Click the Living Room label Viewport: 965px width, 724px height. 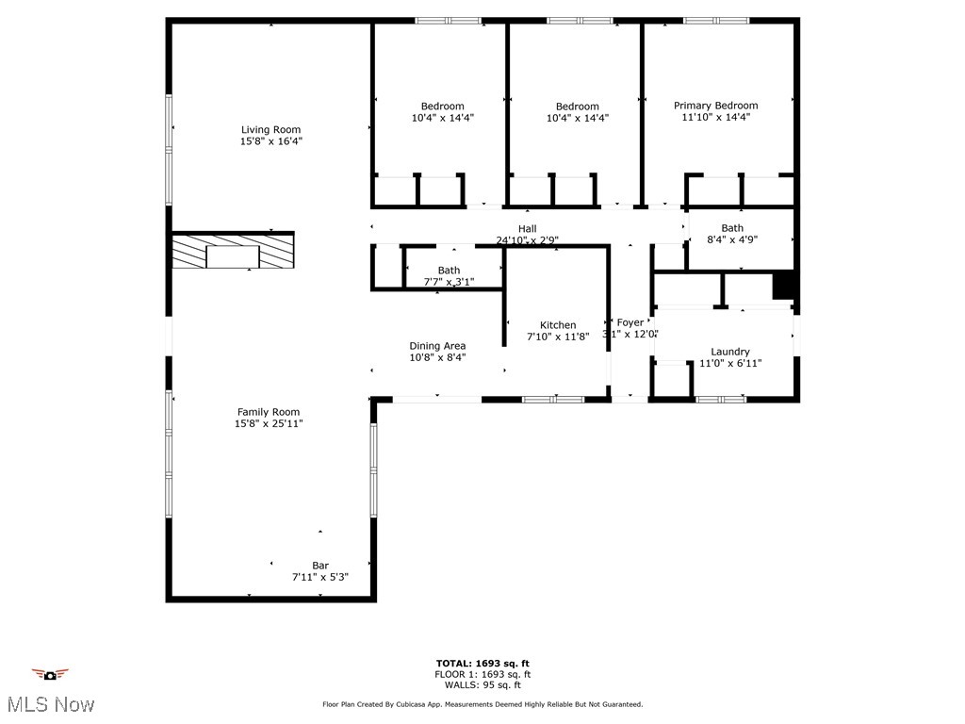coord(270,130)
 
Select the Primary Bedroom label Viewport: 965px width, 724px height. coord(715,106)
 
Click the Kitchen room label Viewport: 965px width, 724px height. coord(558,325)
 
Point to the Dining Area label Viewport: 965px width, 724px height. coord(437,346)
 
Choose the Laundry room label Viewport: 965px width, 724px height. coord(730,352)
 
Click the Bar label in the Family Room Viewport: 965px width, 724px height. coord(320,566)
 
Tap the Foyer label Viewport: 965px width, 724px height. coord(630,323)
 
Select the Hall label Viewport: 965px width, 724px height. coord(527,229)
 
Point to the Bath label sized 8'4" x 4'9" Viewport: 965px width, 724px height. coord(732,228)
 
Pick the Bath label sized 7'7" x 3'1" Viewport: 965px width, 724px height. coord(449,271)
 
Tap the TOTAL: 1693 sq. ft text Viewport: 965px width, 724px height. coord(482,663)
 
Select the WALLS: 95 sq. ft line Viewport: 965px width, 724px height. coord(482,685)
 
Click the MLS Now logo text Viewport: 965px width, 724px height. coord(50,704)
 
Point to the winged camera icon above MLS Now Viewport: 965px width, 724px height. coord(50,674)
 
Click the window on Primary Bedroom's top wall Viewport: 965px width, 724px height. coord(716,20)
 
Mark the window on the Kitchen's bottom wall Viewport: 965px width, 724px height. coord(553,400)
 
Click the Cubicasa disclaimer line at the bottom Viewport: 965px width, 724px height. coord(482,704)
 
